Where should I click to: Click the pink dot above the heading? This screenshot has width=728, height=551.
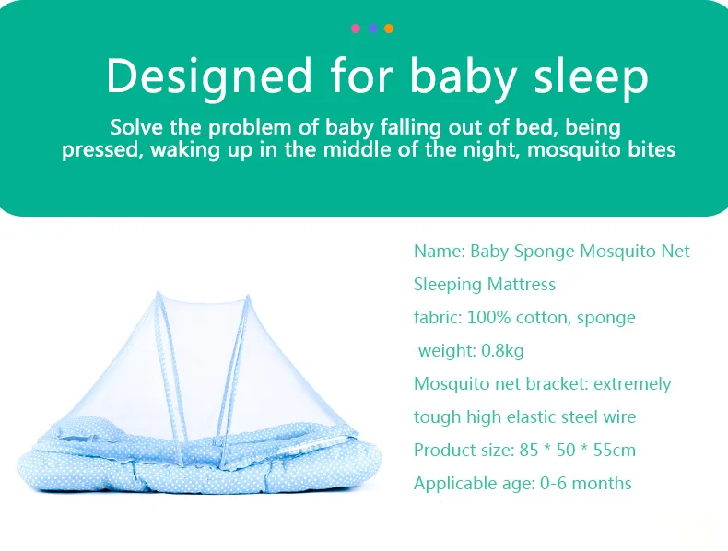pos(356,29)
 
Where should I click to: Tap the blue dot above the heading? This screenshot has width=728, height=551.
pos(373,29)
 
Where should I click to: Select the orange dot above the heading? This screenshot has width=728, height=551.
pos(389,29)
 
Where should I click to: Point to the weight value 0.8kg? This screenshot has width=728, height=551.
pos(502,350)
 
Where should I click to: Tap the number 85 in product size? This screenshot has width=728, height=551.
pos(528,450)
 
